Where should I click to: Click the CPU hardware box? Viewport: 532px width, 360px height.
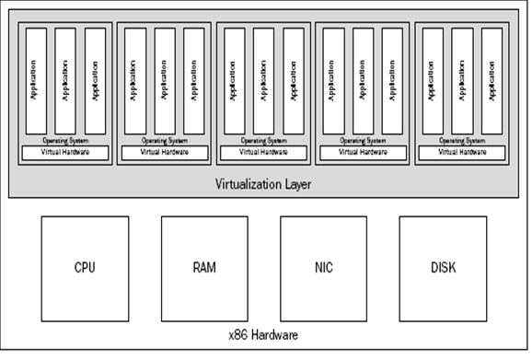click(86, 268)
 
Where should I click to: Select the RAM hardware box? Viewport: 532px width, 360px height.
click(203, 268)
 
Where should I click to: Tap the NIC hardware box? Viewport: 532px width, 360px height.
click(323, 268)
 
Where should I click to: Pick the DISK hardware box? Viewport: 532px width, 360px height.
click(443, 268)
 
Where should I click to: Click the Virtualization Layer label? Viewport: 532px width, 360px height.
click(263, 184)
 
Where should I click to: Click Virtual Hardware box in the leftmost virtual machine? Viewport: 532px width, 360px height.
click(65, 152)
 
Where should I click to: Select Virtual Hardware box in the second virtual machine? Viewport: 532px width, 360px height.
click(165, 152)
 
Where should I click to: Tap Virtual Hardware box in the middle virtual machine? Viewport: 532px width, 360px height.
click(263, 152)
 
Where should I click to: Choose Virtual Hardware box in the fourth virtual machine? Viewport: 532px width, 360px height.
click(363, 152)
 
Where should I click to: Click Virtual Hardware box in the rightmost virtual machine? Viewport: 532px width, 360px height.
click(463, 152)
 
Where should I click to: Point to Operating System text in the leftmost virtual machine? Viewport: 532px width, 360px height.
click(65, 140)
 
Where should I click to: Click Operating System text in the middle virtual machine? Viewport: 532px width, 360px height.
click(263, 140)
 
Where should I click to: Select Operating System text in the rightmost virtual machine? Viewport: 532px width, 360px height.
click(463, 140)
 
